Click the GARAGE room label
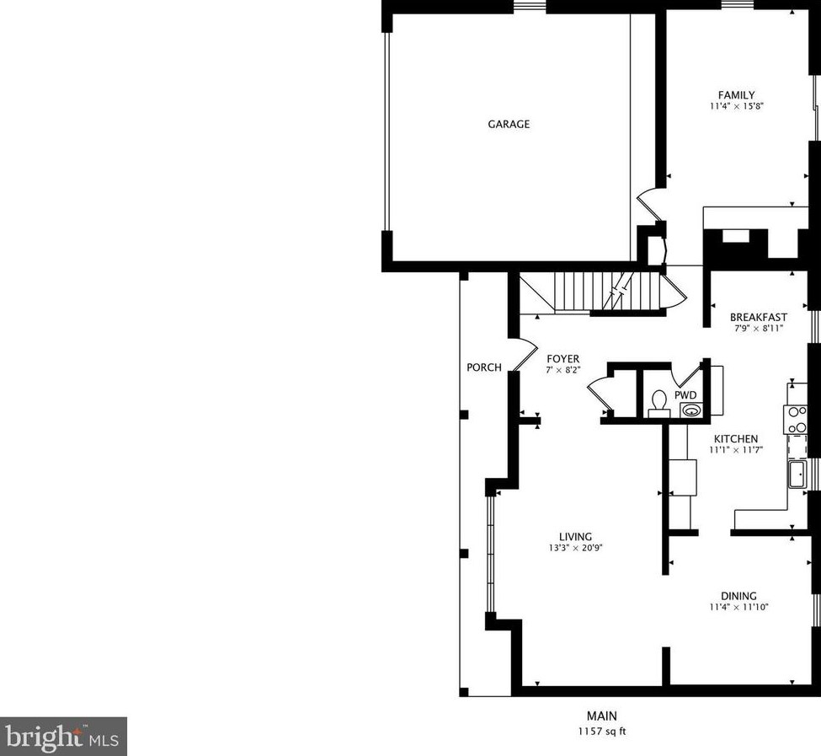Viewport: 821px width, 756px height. [509, 124]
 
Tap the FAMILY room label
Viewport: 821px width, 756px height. [736, 95]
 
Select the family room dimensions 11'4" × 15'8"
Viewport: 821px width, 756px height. [736, 107]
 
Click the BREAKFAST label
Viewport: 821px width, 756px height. [759, 317]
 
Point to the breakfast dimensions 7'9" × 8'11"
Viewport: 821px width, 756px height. [759, 329]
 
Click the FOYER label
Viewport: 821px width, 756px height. [562, 358]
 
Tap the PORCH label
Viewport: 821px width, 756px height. [484, 367]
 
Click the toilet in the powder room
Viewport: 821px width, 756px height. [659, 402]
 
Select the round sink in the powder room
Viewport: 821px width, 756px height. [690, 410]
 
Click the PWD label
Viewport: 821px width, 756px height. [685, 394]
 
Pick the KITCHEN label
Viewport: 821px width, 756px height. [736, 438]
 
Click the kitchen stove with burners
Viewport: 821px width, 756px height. [796, 419]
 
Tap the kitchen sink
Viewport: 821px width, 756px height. [797, 475]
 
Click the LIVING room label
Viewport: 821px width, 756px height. [576, 536]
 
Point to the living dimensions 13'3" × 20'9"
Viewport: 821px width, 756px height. [576, 548]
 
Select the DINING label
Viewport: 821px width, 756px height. [738, 595]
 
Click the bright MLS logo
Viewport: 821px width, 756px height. [64, 737]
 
